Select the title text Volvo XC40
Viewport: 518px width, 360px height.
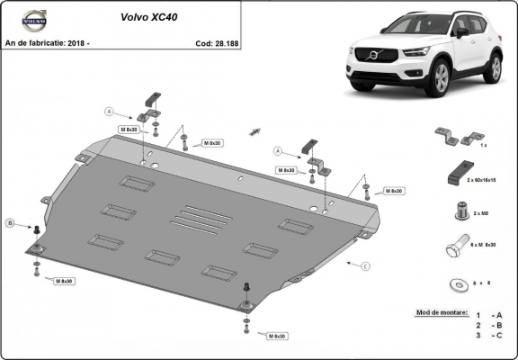tap(148, 16)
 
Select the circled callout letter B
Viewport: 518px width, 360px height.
tap(11, 222)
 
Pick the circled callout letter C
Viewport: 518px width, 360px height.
tap(365, 266)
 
